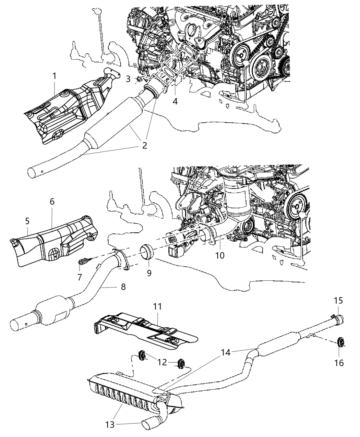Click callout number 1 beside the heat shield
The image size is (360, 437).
pos(54,76)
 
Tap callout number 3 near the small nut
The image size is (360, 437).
pos(128,79)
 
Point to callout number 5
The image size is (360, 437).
pos(27,222)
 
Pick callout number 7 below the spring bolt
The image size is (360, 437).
pos(80,277)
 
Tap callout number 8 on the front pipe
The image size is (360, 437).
pos(123,287)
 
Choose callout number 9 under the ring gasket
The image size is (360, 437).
pos(149,274)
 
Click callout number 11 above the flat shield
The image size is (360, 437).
pos(157,306)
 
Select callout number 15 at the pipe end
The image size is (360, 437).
pos(338,301)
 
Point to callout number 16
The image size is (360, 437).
pos(339,362)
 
